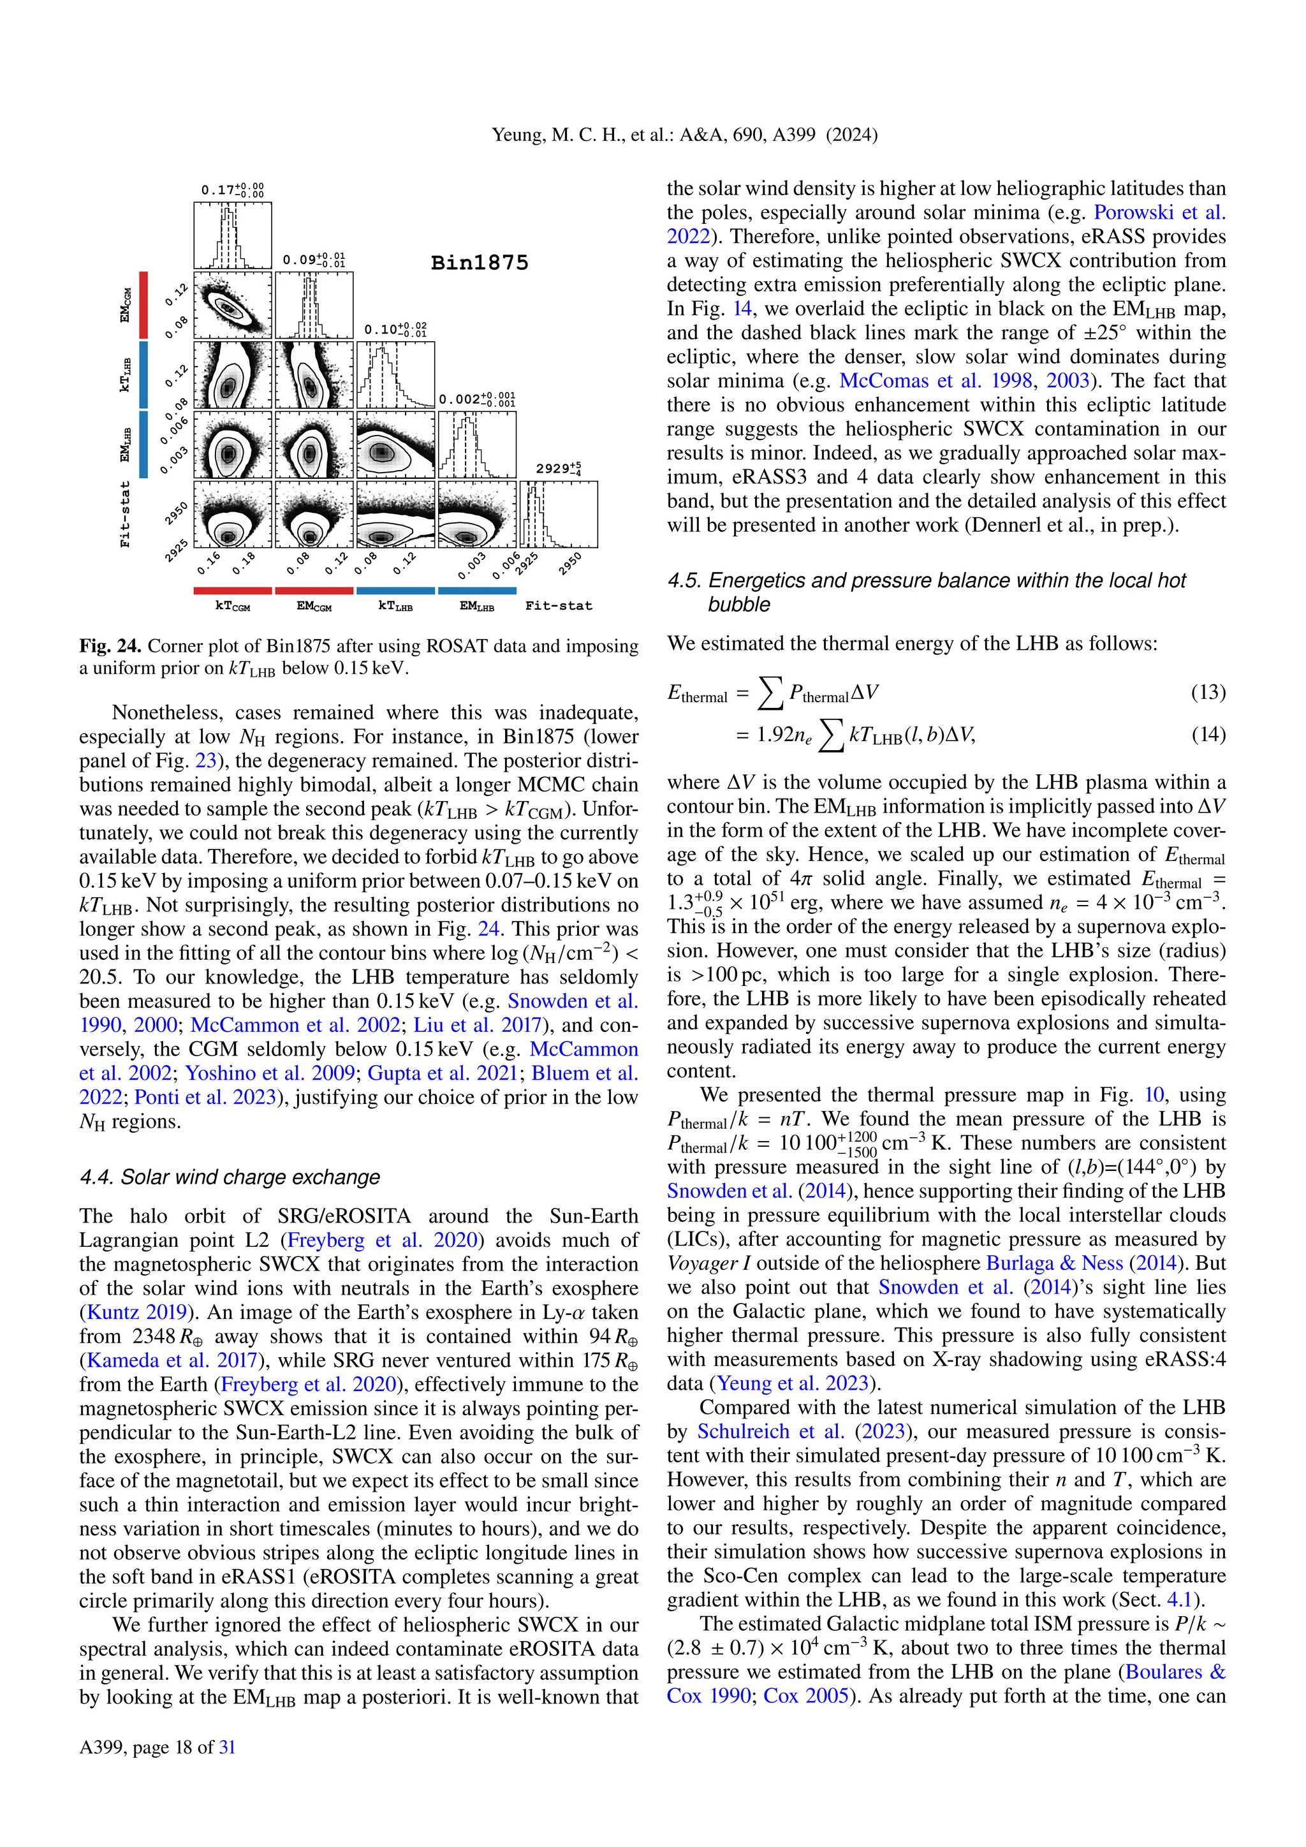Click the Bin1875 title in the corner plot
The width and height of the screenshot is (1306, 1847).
[x=480, y=263]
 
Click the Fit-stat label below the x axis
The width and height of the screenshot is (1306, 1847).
[x=558, y=606]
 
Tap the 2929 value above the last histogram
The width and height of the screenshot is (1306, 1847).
[x=558, y=468]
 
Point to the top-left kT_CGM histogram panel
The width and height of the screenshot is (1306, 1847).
[x=232, y=235]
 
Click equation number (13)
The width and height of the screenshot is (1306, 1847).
[x=1208, y=693]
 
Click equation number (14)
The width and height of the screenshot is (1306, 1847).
[x=1208, y=735]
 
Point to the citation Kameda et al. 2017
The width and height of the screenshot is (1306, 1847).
[x=172, y=1360]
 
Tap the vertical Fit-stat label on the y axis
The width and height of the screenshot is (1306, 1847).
[x=124, y=515]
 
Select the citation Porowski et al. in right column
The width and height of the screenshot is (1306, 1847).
[x=1159, y=212]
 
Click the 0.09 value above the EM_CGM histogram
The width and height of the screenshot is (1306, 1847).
[x=314, y=260]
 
